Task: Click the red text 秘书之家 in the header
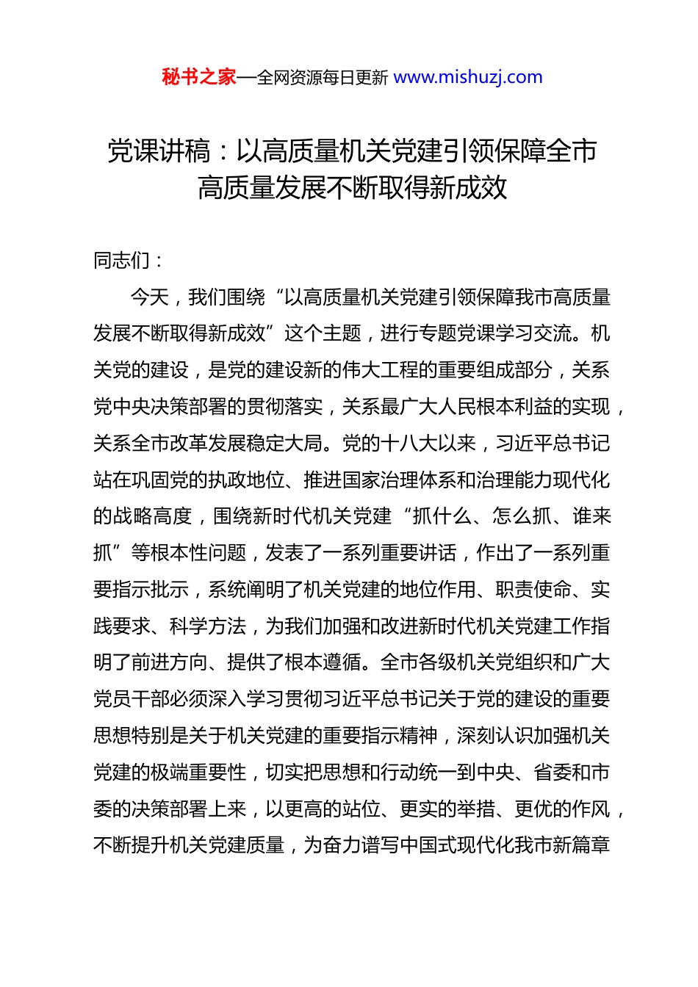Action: click(x=199, y=77)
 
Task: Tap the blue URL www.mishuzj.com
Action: click(x=467, y=77)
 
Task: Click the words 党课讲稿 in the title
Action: click(x=159, y=152)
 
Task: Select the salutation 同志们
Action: click(x=121, y=261)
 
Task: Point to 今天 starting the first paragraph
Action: click(x=150, y=297)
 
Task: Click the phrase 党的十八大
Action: click(x=389, y=444)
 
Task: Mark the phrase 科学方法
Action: click(x=207, y=626)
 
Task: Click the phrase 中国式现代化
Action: click(x=436, y=845)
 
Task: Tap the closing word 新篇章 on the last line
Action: click(x=581, y=845)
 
